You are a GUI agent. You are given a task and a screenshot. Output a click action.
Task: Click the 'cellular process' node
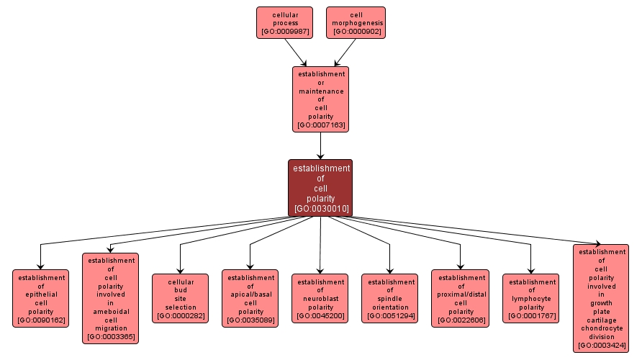pyautogui.click(x=285, y=22)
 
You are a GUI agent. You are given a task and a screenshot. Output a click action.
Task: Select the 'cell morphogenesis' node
pyautogui.click(x=356, y=22)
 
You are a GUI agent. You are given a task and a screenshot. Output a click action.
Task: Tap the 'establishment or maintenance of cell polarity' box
pyautogui.click(x=320, y=99)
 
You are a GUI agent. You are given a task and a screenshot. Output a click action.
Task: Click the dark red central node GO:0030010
pyautogui.click(x=320, y=187)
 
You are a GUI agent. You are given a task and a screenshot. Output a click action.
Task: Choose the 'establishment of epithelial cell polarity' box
pyautogui.click(x=40, y=298)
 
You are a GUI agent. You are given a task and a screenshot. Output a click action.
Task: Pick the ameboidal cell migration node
pyautogui.click(x=110, y=298)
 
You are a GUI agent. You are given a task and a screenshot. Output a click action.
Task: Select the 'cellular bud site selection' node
pyautogui.click(x=180, y=298)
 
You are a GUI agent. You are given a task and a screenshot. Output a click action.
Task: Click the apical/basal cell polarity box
pyautogui.click(x=250, y=298)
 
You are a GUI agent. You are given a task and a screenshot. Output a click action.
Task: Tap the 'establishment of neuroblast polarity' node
pyautogui.click(x=320, y=298)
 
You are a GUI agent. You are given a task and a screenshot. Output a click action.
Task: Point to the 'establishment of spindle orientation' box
pyautogui.click(x=389, y=298)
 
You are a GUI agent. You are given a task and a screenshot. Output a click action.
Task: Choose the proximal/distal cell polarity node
pyautogui.click(x=460, y=298)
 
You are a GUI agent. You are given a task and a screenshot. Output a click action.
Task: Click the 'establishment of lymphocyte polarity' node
pyautogui.click(x=530, y=298)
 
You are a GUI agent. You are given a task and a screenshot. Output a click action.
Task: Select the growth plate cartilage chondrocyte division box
pyautogui.click(x=601, y=298)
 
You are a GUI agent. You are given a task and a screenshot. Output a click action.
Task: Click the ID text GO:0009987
pyautogui.click(x=285, y=32)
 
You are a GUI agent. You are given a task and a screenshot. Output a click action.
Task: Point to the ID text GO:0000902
pyautogui.click(x=356, y=32)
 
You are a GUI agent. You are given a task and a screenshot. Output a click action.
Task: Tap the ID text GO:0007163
pyautogui.click(x=320, y=125)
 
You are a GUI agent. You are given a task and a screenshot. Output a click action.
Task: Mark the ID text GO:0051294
pyautogui.click(x=389, y=316)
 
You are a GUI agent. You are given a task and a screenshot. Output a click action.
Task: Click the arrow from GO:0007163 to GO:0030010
pyautogui.click(x=320, y=145)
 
